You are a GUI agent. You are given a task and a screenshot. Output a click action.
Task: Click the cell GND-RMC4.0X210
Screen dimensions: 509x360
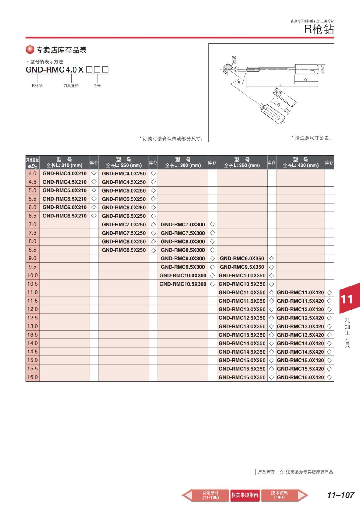64,173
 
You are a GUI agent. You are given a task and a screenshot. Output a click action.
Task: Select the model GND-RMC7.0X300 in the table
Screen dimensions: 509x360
183,224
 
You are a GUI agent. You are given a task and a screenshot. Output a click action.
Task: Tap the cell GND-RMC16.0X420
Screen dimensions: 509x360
300,377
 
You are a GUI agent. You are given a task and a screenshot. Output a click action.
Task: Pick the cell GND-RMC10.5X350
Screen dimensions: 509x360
242,284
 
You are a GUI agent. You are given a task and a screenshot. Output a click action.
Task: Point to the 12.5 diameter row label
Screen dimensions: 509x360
32,318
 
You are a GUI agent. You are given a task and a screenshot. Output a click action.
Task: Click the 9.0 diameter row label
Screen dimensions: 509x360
32,258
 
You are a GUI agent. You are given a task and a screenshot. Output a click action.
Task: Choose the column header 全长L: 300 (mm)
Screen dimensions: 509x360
183,163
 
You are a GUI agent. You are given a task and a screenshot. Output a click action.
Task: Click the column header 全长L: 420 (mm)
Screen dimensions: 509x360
300,163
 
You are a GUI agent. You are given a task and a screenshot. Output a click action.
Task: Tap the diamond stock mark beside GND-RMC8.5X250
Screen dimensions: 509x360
153,250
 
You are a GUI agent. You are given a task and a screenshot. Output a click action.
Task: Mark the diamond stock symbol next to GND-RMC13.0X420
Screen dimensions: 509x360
329,326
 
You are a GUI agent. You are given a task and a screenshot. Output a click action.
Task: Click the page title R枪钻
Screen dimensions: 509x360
319,29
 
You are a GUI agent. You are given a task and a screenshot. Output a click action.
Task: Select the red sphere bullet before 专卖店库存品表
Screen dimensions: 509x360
30,50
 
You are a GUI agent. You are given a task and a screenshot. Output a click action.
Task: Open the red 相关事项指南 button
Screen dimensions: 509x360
245,495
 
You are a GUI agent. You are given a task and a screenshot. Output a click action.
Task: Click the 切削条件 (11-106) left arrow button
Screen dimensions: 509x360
207,495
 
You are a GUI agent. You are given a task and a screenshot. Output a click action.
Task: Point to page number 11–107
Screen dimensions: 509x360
340,495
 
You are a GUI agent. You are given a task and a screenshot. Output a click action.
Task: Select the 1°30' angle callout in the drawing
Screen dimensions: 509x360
279,93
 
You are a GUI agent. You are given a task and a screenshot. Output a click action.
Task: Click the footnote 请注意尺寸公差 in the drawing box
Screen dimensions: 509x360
312,138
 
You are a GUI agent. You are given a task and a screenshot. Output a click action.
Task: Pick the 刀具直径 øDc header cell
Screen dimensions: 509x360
32,163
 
